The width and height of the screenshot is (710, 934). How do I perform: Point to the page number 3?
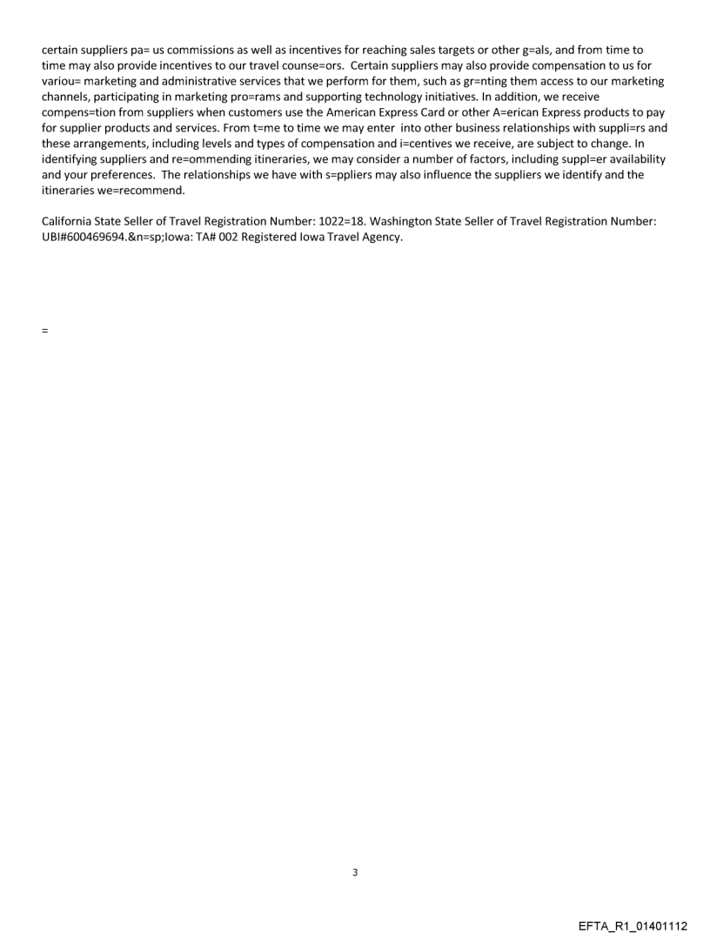click(x=355, y=872)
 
